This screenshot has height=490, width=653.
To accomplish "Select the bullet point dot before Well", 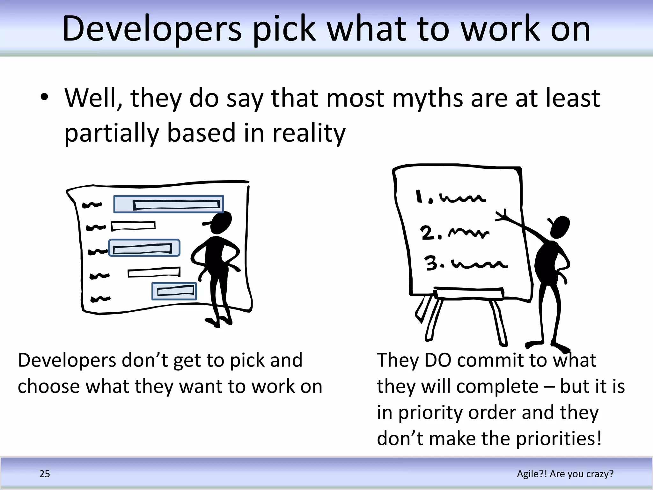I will click(44, 97).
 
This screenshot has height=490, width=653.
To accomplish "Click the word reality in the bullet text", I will click(309, 133).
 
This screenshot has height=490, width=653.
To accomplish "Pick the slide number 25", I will click(45, 474).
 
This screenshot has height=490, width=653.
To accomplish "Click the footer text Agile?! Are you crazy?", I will click(565, 474).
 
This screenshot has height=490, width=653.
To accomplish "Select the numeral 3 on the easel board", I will click(431, 263).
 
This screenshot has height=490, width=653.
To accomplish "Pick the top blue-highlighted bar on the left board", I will click(168, 204).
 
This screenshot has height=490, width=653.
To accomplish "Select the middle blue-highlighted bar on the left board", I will click(144, 248).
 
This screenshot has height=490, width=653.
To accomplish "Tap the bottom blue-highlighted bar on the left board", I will click(174, 291).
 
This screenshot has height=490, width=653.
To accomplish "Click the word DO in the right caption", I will click(438, 360).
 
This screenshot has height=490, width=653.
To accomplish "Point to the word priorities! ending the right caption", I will click(559, 439).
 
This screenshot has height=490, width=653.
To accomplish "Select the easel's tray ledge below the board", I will click(469, 293).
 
